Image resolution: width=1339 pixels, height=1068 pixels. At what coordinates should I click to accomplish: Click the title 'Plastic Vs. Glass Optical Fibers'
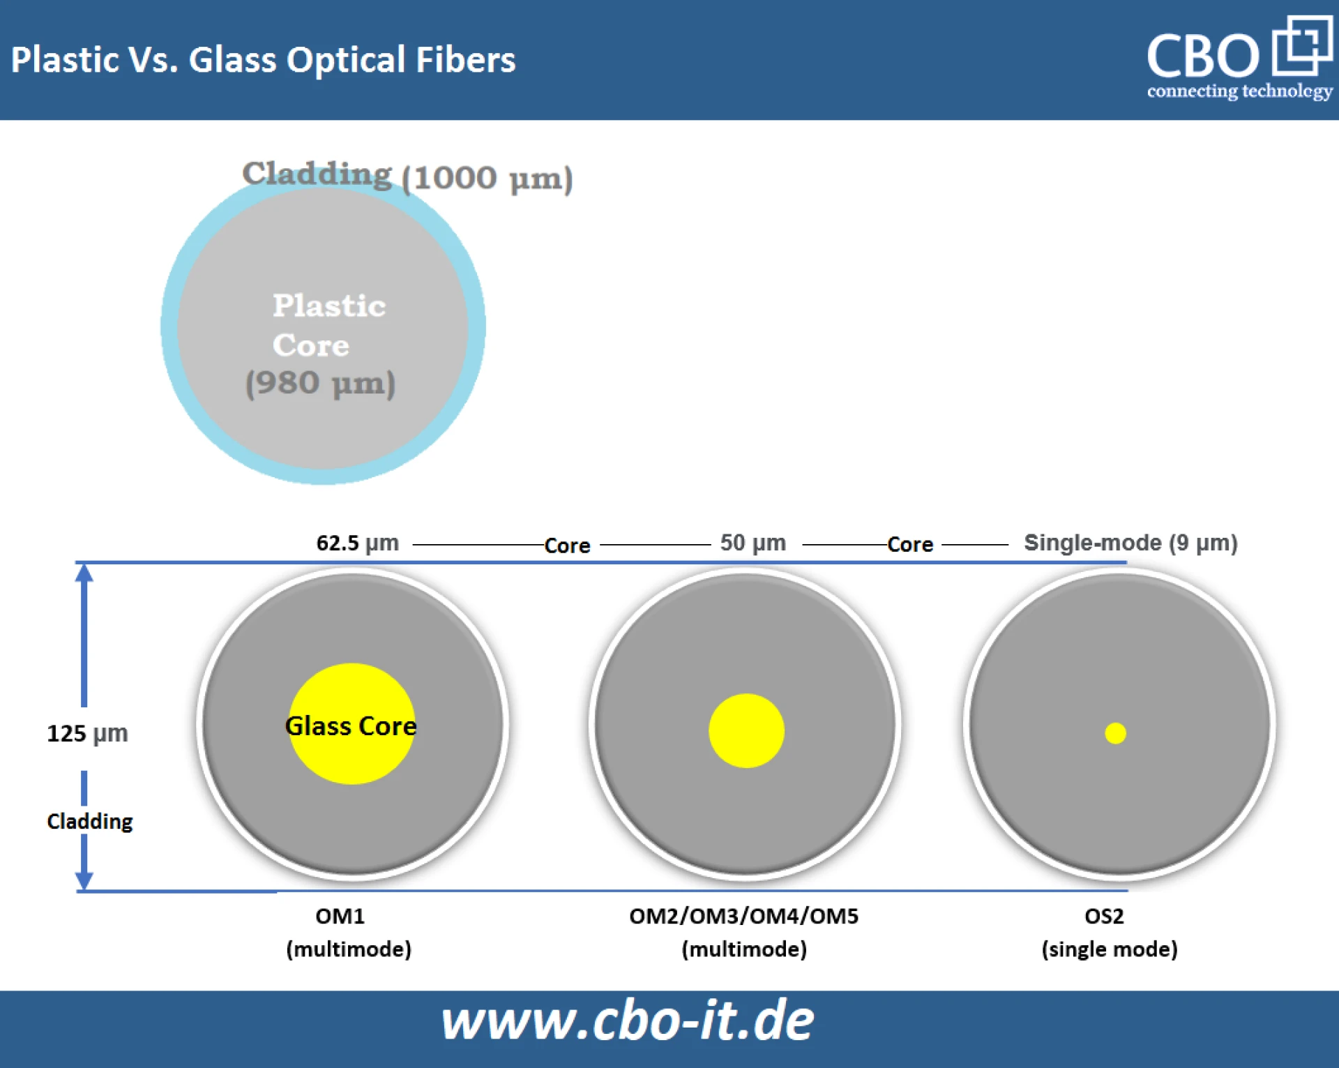pos(263,60)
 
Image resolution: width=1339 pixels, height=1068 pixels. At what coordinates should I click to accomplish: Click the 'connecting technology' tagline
pos(1239,91)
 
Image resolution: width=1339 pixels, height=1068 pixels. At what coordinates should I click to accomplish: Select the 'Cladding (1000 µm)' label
pos(407,176)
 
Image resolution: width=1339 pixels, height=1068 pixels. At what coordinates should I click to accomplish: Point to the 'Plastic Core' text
pos(328,325)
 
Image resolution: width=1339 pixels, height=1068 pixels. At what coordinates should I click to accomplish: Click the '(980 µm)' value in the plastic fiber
pos(320,383)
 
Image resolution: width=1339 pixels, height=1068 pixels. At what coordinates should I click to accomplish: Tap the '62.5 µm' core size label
pos(357,543)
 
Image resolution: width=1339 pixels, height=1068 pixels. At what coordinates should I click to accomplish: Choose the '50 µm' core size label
pos(752,543)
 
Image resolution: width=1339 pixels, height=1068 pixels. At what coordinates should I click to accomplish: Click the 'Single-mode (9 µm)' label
pos(1130,543)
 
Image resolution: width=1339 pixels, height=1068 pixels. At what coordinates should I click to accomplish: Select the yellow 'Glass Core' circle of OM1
pos(351,723)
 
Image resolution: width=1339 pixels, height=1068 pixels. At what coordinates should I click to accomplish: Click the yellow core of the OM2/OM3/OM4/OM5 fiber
pos(746,730)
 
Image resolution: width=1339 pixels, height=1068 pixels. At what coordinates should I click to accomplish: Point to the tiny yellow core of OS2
pos(1115,733)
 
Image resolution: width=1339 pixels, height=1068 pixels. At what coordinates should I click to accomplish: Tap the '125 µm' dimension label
pos(87,734)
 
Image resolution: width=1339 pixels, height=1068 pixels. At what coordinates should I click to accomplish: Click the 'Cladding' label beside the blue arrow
pos(89,821)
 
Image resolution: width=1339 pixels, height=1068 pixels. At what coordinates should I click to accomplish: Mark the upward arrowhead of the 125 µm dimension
pos(84,573)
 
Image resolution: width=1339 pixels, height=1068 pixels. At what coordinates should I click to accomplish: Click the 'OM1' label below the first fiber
pos(340,916)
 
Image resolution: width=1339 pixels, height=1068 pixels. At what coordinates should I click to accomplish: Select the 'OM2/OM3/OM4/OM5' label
pos(743,916)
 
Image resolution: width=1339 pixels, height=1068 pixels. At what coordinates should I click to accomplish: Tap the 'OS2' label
pos(1104,916)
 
